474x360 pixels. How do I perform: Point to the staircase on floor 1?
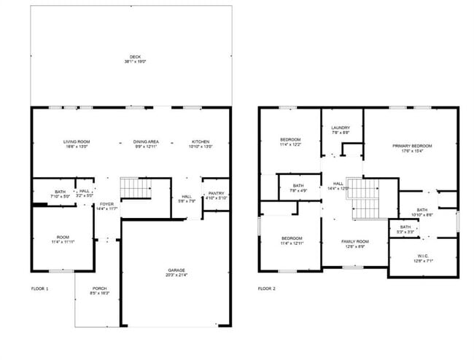click(134, 188)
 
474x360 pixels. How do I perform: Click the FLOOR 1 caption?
click(39, 289)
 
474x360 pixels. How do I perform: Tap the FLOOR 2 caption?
click(267, 289)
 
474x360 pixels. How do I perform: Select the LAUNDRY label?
click(341, 130)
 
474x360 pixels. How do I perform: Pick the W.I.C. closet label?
click(424, 257)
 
